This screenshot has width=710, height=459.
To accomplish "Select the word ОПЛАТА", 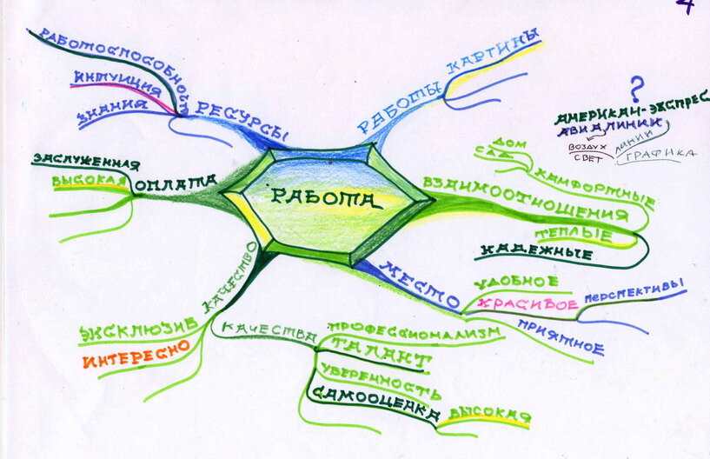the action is tap(176, 183).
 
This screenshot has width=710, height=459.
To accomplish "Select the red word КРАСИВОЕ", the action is tap(531, 305).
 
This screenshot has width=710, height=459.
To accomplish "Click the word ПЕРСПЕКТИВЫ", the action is tap(635, 293).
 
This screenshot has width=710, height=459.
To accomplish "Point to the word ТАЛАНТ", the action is tap(390, 357).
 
